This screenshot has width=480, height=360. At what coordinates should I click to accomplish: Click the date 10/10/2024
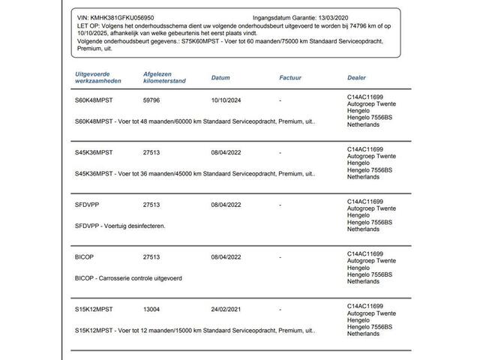point(226,100)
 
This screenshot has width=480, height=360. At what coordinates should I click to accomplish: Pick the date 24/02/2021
point(226,308)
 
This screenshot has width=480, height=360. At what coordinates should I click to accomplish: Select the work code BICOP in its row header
point(86,256)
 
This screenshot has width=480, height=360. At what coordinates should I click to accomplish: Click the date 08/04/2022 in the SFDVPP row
point(226,204)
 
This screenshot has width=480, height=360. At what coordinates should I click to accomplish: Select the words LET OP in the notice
point(88,24)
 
